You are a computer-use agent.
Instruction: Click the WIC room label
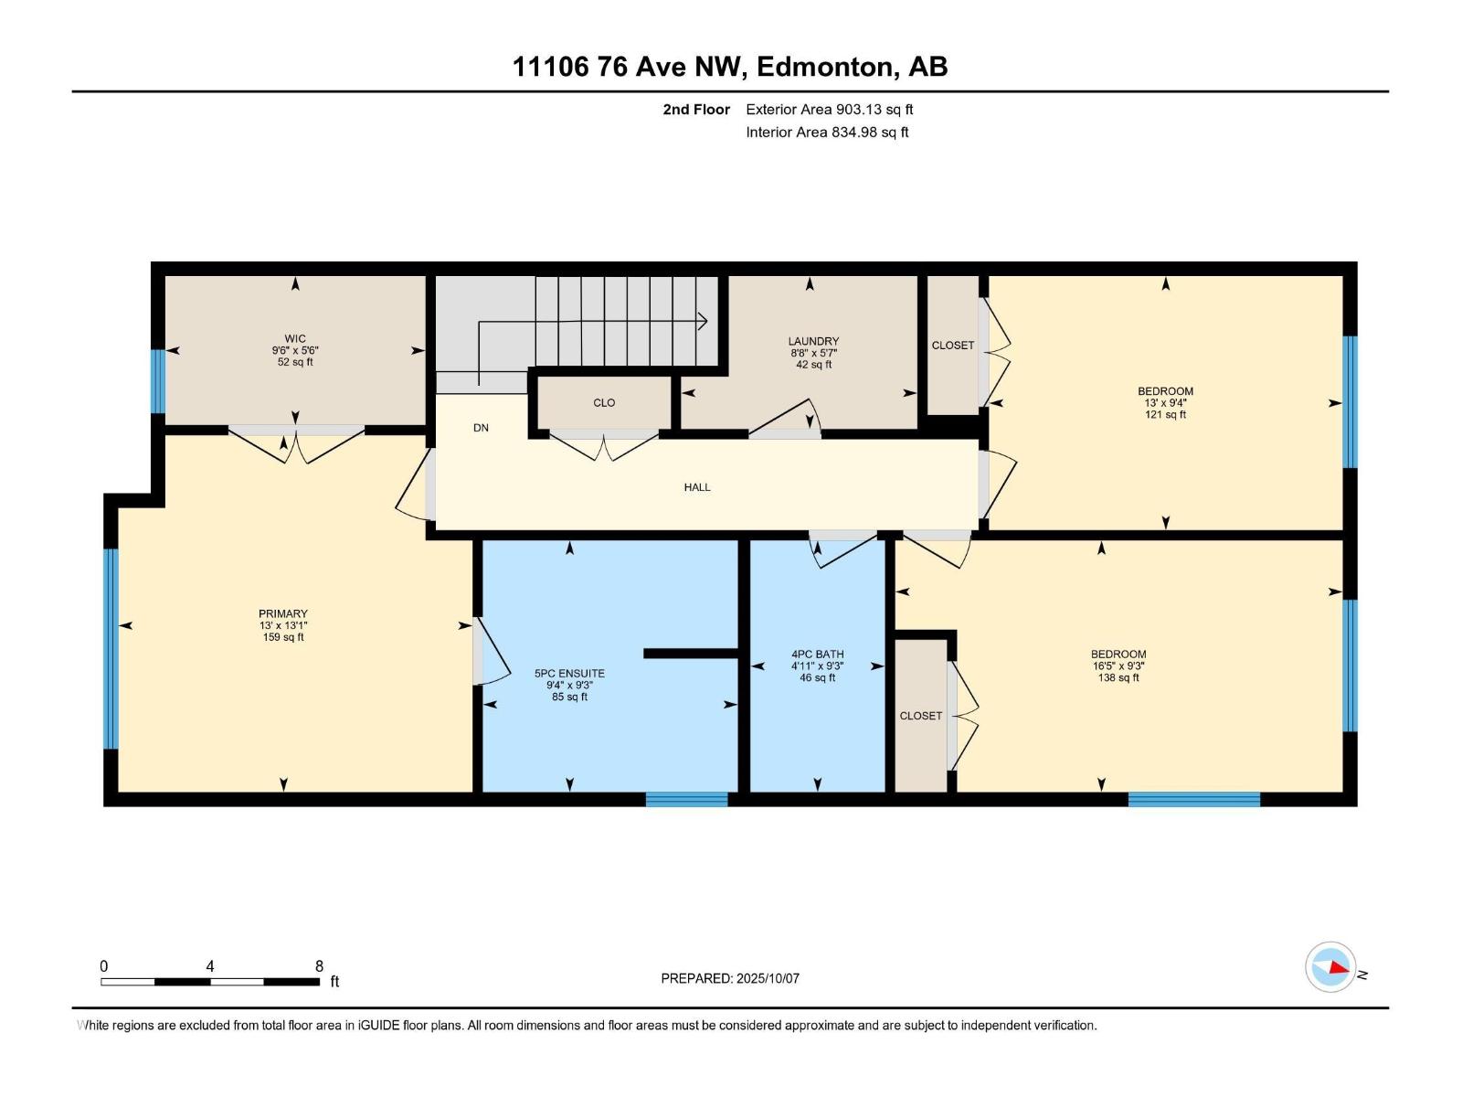[x=294, y=339]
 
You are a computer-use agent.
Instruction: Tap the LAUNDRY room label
[x=813, y=341]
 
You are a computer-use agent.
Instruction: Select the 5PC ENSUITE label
[x=569, y=674]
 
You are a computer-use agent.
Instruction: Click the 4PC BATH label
[x=817, y=655]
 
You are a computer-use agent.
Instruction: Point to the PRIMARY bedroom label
[x=283, y=614]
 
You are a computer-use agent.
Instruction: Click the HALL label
[x=697, y=487]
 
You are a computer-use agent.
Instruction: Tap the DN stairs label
[x=481, y=428]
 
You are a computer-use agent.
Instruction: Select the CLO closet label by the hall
[x=604, y=403]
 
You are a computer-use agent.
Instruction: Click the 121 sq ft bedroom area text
[x=1165, y=415]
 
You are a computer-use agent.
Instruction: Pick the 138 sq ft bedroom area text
[x=1118, y=678]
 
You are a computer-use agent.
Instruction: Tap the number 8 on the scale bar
[x=319, y=966]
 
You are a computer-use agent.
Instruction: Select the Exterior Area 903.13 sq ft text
[x=829, y=110]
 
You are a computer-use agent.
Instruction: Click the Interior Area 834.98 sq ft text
[x=827, y=133]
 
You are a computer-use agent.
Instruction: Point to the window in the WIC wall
[x=158, y=380]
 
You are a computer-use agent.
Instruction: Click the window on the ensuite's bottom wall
[x=686, y=799]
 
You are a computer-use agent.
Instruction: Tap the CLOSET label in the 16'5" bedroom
[x=920, y=716]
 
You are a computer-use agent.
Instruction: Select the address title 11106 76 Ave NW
[x=630, y=67]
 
